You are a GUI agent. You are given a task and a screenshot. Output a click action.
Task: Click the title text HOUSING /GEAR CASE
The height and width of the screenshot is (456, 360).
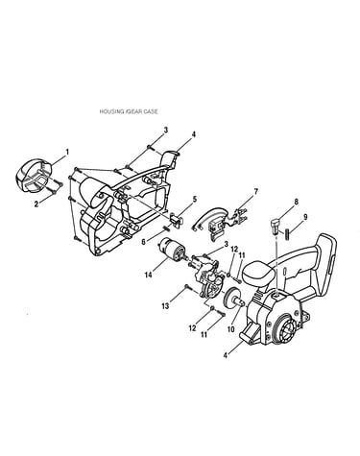point(129,111)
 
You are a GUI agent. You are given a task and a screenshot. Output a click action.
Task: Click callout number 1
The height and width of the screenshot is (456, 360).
point(67,153)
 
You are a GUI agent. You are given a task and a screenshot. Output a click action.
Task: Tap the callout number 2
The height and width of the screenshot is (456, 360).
point(36,204)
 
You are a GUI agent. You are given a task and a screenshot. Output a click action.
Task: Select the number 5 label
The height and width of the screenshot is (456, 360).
point(195,200)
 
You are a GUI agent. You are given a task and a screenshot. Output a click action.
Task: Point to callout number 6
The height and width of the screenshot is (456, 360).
point(144,242)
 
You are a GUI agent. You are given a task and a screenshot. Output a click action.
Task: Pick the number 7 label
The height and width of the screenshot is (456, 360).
point(255,192)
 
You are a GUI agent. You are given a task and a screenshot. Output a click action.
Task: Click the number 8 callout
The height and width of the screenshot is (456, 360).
point(296,202)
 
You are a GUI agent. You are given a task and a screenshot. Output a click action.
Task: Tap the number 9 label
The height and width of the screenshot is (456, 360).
point(305,217)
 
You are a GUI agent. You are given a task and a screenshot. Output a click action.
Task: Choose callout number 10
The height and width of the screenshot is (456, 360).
point(231,329)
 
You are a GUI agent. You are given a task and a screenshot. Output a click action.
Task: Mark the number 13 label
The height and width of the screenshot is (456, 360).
point(165,306)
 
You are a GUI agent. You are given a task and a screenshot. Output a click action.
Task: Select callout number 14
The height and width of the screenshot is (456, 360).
point(148,275)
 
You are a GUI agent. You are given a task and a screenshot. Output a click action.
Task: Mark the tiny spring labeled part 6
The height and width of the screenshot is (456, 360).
point(166,228)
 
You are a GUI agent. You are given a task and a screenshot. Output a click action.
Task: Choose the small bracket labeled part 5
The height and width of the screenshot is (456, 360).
point(177,219)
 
